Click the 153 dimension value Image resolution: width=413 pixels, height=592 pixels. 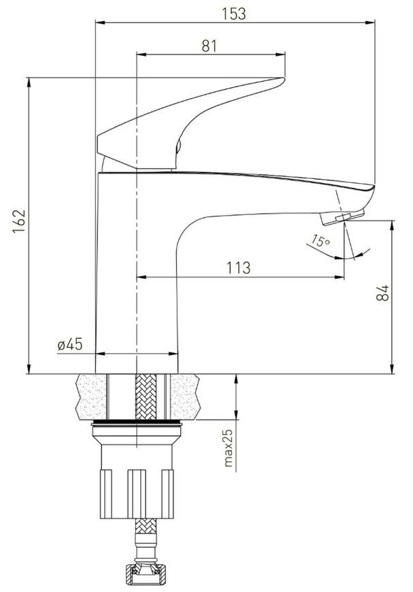click(233, 14)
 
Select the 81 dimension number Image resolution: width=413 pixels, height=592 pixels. click(210, 46)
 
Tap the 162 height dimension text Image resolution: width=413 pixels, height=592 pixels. click(19, 221)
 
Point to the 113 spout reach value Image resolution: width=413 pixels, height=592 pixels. click(238, 267)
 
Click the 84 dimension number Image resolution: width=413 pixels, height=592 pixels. click(382, 293)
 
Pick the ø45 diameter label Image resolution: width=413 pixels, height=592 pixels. click(70, 344)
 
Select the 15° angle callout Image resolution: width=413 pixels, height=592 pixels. click(320, 240)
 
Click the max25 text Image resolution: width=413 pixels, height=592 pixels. click(229, 448)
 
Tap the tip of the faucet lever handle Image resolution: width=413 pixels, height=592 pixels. click(283, 79)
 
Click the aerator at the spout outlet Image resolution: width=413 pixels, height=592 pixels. click(342, 218)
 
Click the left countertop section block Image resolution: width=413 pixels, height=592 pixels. click(91, 397)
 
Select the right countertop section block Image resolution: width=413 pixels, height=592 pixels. click(185, 397)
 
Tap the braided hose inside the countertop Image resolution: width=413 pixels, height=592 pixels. click(146, 397)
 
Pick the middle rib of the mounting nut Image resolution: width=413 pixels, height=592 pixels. click(137, 494)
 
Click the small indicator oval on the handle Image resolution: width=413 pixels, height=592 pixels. click(178, 146)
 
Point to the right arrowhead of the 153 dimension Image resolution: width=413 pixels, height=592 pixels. click(370, 22)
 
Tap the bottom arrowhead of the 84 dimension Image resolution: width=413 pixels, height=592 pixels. click(392, 369)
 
